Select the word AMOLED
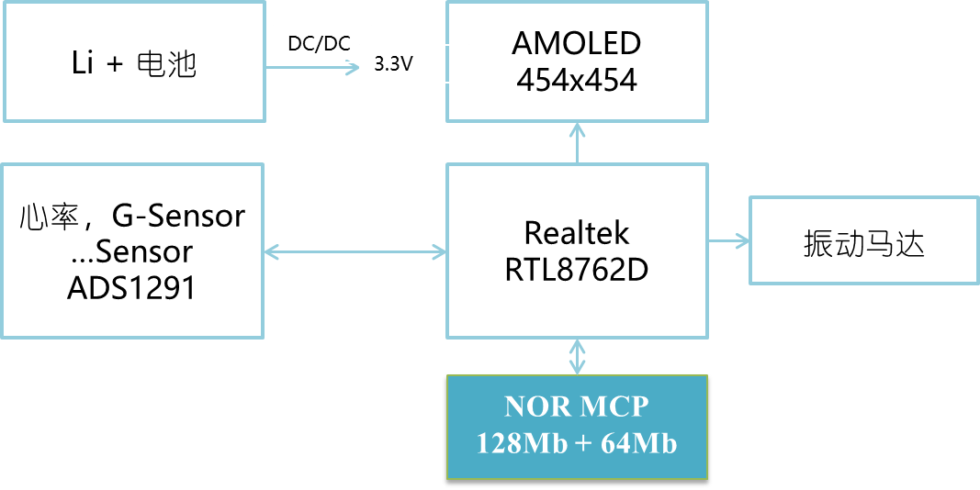point(577,43)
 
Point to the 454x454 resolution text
point(577,80)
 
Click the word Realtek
point(577,232)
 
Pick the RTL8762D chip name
point(577,269)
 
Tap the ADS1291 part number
point(131,288)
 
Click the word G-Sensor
point(179,217)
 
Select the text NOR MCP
point(577,406)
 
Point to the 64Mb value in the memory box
point(638,444)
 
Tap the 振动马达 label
point(862,244)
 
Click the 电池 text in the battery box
point(166,64)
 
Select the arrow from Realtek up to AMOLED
point(577,143)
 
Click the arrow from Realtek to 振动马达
point(729,241)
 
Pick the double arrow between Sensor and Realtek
point(355,251)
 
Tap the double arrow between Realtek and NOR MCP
point(577,356)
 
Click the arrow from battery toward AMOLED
point(312,65)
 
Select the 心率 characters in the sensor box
point(42,217)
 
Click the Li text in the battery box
point(84,64)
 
